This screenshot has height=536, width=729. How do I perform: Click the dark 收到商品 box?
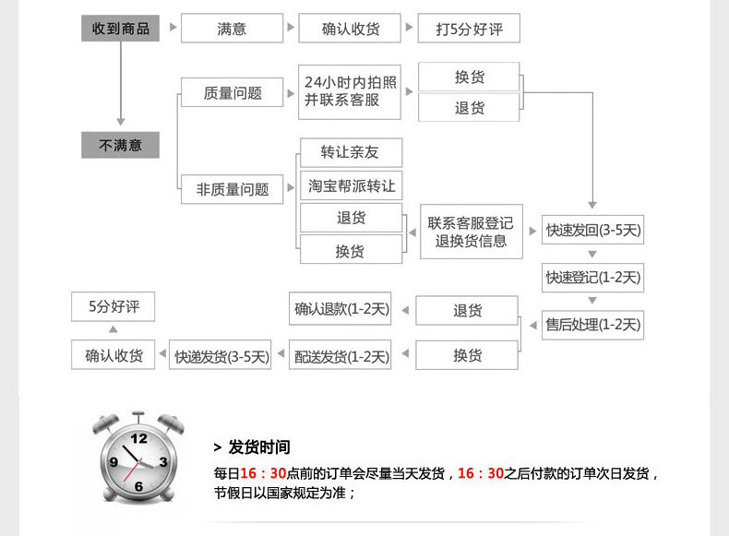click(120, 29)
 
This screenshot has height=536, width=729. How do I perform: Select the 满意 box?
click(232, 29)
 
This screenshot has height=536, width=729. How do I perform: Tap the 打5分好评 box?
click(468, 29)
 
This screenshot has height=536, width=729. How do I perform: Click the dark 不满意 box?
click(120, 145)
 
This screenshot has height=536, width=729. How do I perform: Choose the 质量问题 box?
click(233, 92)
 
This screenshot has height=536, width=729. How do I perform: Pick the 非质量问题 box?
click(233, 189)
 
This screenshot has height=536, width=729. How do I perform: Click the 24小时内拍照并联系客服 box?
click(350, 91)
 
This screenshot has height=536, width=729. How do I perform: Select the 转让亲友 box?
click(351, 152)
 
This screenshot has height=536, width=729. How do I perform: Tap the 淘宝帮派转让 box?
click(351, 185)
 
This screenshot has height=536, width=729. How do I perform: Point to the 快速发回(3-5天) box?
click(592, 230)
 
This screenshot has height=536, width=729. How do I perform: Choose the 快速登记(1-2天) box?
click(592, 277)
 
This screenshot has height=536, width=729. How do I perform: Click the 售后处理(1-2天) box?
click(592, 324)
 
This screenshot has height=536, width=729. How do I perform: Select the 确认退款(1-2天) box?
click(341, 310)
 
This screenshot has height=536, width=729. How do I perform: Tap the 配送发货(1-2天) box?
click(341, 356)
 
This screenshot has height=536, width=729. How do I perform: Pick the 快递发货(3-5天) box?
click(221, 356)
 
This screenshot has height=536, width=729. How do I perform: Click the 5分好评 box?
click(114, 307)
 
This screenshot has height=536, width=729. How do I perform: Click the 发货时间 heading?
click(258, 447)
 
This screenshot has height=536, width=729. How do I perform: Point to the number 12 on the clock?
click(139, 438)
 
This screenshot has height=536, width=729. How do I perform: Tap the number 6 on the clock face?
click(138, 486)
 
